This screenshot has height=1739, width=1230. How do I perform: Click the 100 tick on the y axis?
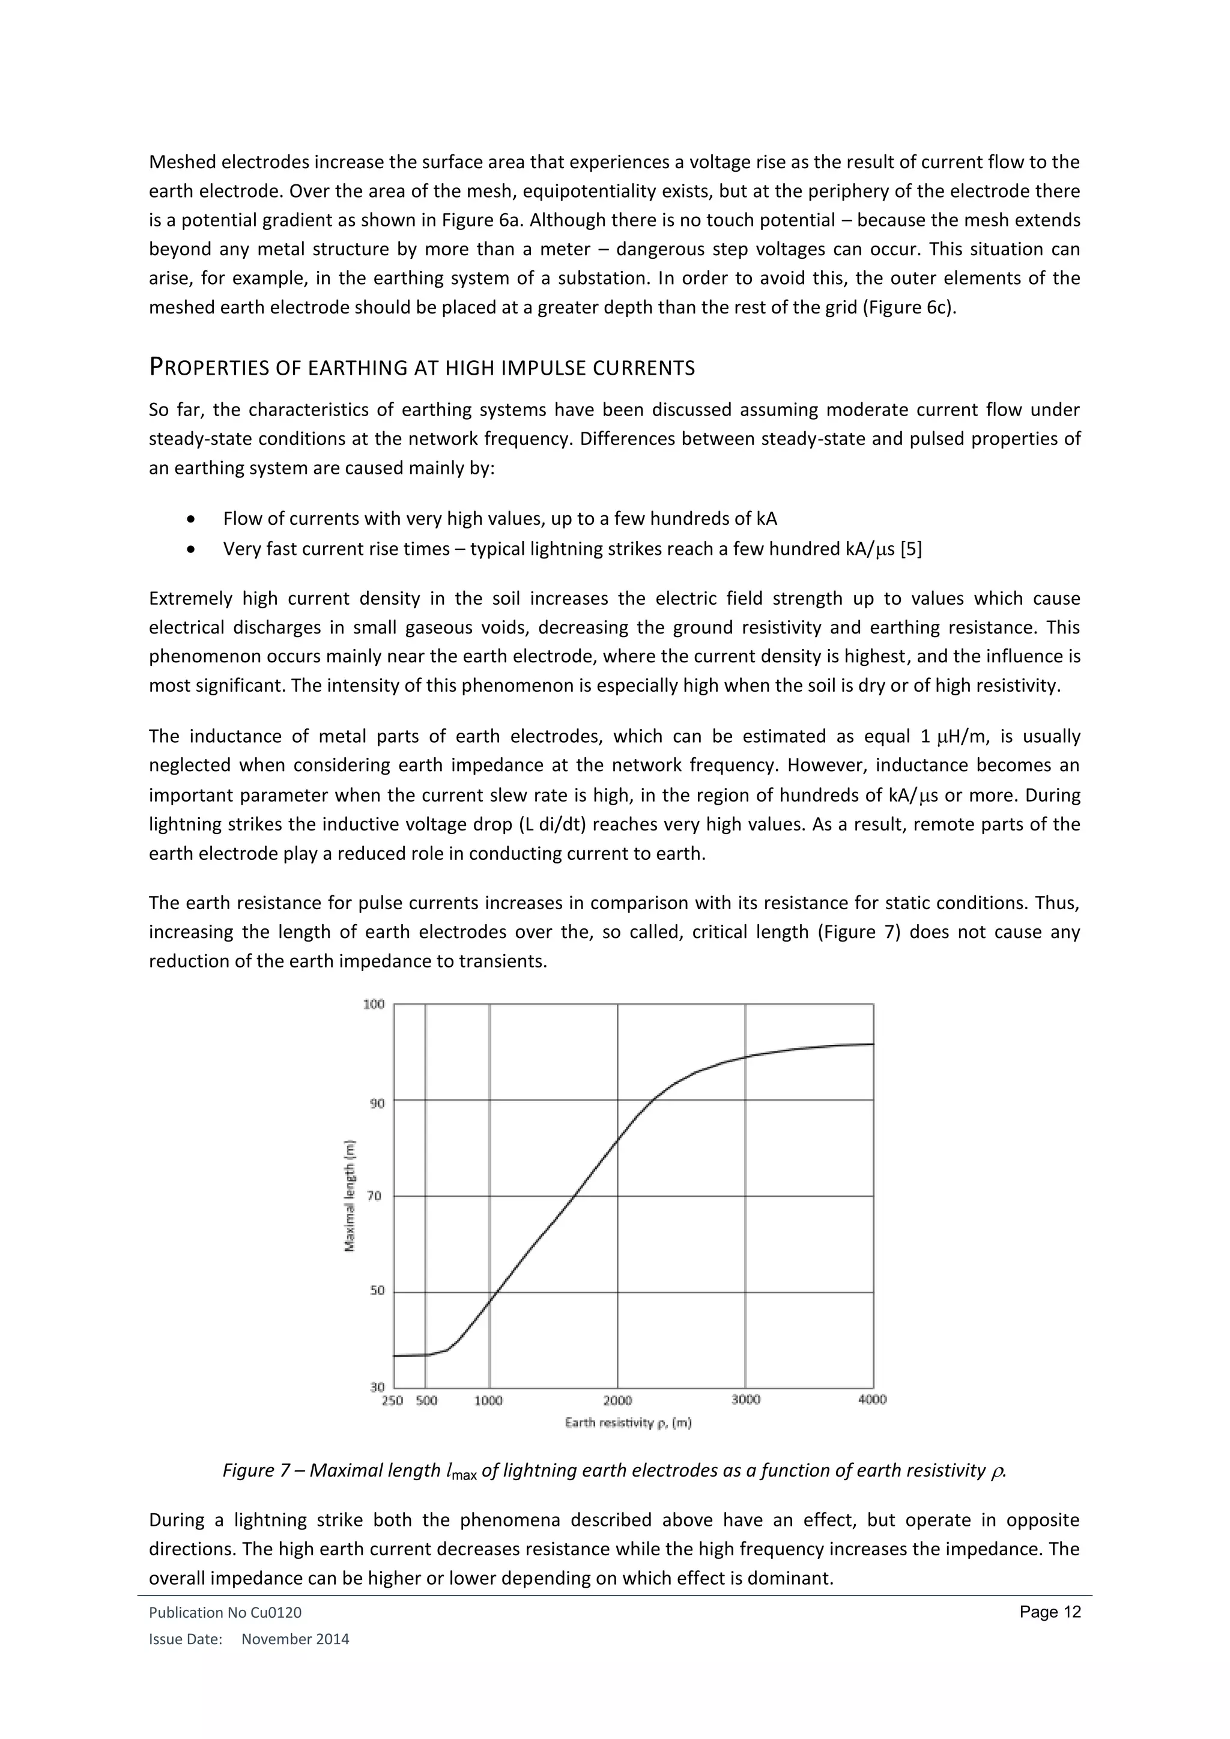(x=374, y=1005)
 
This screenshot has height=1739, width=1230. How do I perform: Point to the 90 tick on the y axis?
(x=377, y=1104)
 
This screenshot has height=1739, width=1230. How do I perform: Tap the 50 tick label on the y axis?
(x=377, y=1290)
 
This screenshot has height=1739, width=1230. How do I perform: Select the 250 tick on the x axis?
(x=392, y=1400)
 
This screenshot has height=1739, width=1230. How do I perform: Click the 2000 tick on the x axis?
(x=617, y=1400)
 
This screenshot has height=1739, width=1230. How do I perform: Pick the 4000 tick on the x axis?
(x=872, y=1400)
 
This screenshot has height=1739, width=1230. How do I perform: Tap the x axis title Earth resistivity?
(x=628, y=1423)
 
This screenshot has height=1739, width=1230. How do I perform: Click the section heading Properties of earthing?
(x=422, y=368)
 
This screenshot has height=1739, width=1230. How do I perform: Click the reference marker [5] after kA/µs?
(x=910, y=549)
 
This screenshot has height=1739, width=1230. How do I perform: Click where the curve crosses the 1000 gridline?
(x=489, y=1301)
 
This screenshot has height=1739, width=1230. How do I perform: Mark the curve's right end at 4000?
(x=873, y=1044)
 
